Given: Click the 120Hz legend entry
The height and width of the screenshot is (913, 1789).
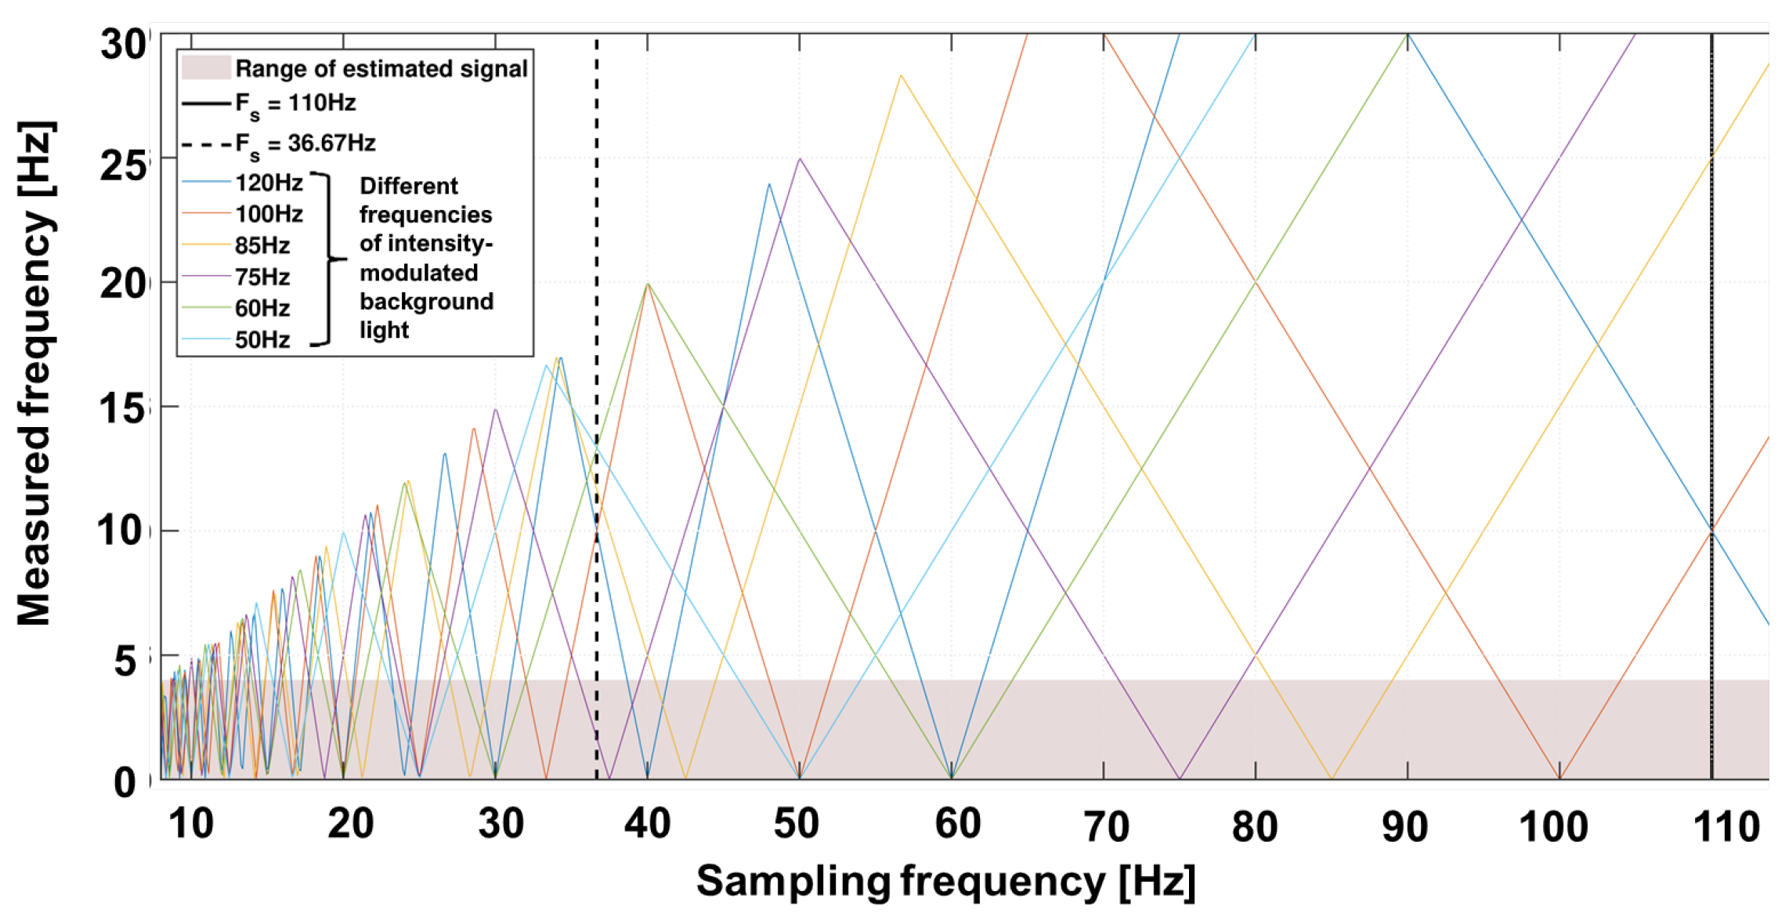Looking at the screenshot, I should (269, 183).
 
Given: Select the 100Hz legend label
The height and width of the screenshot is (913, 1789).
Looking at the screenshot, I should (269, 214).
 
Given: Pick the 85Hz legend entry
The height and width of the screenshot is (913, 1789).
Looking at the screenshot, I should (262, 245).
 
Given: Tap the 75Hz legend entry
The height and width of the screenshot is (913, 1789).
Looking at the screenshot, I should (262, 277).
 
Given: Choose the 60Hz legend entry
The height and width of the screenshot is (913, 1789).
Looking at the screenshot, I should (262, 308).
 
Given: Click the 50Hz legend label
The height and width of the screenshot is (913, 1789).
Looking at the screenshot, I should (262, 339).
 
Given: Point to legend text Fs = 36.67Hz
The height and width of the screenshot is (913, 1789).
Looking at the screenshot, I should (305, 144).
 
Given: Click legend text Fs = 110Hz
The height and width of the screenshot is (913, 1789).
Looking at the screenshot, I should (295, 103).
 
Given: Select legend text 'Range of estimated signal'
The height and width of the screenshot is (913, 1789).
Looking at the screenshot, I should (381, 69).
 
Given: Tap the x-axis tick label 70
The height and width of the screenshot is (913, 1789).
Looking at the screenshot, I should (1105, 828).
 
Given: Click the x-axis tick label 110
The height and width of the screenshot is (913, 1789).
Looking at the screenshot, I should (1726, 828).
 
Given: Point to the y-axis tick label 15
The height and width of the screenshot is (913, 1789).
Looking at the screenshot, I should (123, 408).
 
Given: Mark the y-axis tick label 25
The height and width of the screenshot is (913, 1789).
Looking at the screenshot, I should (123, 165).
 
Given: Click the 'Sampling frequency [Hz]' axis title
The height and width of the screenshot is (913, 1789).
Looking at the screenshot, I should (945, 882).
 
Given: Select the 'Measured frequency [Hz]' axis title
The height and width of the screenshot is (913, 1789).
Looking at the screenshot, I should (35, 374).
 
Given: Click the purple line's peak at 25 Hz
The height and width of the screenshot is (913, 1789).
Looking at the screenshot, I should (799, 159).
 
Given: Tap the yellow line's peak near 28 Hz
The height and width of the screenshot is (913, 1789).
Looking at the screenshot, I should (901, 76).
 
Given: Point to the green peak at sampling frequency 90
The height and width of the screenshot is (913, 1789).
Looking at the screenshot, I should (1408, 35).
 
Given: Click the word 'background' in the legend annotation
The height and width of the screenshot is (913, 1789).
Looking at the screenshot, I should (426, 302).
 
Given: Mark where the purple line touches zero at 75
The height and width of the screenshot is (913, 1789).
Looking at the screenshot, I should (1180, 778).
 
